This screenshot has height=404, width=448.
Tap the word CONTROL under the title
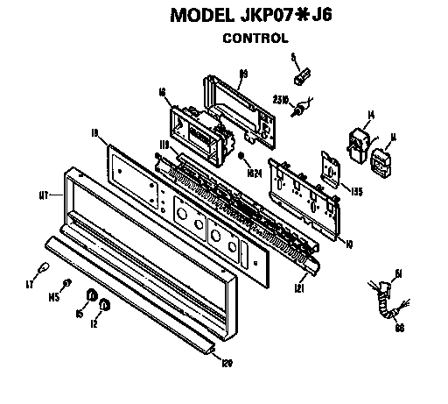click(255, 38)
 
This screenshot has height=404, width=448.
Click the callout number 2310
click(282, 98)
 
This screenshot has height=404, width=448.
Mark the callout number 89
click(244, 72)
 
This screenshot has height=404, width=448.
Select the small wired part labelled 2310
click(303, 108)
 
